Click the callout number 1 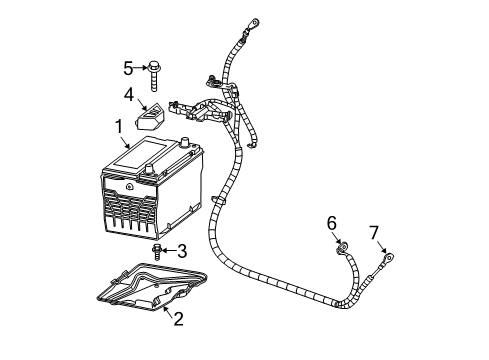pyautogui.click(x=118, y=126)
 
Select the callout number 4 pyautogui.click(x=129, y=96)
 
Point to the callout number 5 pyautogui.click(x=127, y=68)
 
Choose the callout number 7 pyautogui.click(x=374, y=234)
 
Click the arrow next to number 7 pyautogui.click(x=379, y=246)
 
